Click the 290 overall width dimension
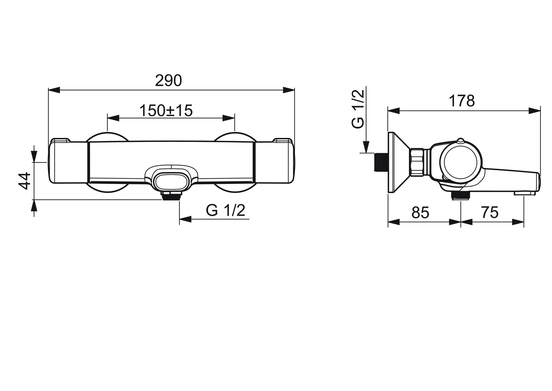[168, 80]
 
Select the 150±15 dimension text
[166, 110]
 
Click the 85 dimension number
[420, 213]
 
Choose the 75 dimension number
[490, 213]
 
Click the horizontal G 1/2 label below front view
[226, 210]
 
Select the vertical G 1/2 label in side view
[358, 109]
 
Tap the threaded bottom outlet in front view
[171, 196]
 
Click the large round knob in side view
[461, 161]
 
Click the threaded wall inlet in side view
[380, 161]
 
